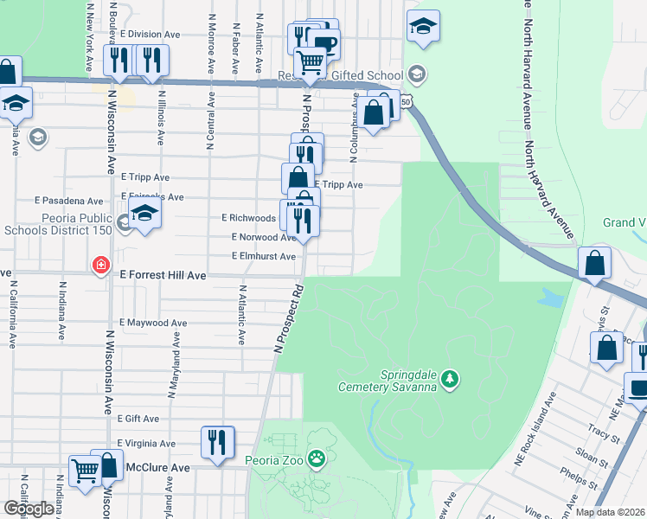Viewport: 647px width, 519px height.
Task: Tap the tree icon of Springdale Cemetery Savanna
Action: [449, 378]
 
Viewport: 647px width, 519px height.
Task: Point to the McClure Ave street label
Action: [157, 467]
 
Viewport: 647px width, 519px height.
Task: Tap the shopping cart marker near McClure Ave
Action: [85, 471]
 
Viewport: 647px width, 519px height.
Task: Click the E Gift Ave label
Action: [139, 419]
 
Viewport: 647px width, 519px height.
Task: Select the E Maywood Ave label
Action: [153, 323]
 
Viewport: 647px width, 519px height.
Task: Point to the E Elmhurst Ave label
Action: [263, 256]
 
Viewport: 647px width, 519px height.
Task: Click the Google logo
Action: [28, 509]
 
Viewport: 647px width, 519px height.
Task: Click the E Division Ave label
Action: [150, 35]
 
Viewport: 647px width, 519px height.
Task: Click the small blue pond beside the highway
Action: [549, 299]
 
